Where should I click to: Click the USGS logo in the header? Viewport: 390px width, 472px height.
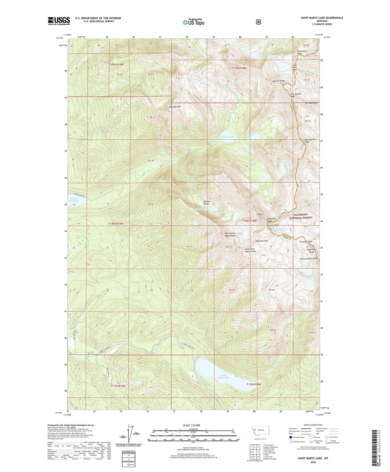point(59,21)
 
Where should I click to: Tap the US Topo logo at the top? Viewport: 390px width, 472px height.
point(193,22)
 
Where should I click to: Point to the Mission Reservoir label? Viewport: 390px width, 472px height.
point(74,200)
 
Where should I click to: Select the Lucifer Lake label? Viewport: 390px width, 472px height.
point(227,137)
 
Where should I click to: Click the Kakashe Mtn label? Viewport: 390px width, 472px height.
point(175,107)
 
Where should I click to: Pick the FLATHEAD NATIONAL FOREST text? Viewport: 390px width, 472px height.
point(301,216)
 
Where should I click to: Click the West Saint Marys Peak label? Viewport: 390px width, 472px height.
point(230,235)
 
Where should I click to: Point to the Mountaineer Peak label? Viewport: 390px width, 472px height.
point(310,141)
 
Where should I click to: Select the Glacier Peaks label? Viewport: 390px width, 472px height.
point(278,81)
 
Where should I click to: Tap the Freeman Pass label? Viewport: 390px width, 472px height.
point(306,242)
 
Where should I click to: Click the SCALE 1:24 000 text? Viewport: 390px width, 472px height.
point(191,425)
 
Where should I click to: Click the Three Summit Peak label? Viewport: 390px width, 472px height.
point(309,259)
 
